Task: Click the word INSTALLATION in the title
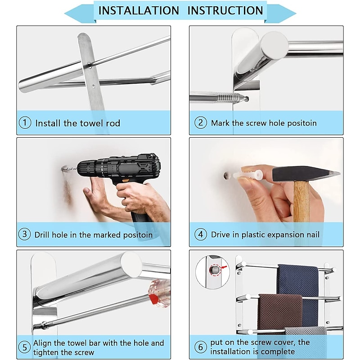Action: [x=139, y=10]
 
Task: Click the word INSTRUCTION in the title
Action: [x=225, y=10]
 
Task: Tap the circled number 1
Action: [x=25, y=122]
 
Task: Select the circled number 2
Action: [x=200, y=122]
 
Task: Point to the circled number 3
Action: [x=24, y=234]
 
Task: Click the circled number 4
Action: [x=200, y=234]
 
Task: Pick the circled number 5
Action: [x=25, y=347]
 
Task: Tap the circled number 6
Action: [x=200, y=346]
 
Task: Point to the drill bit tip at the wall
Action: [x=62, y=169]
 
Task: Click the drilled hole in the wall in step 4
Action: [x=227, y=175]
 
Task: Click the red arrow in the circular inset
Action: [x=224, y=267]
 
